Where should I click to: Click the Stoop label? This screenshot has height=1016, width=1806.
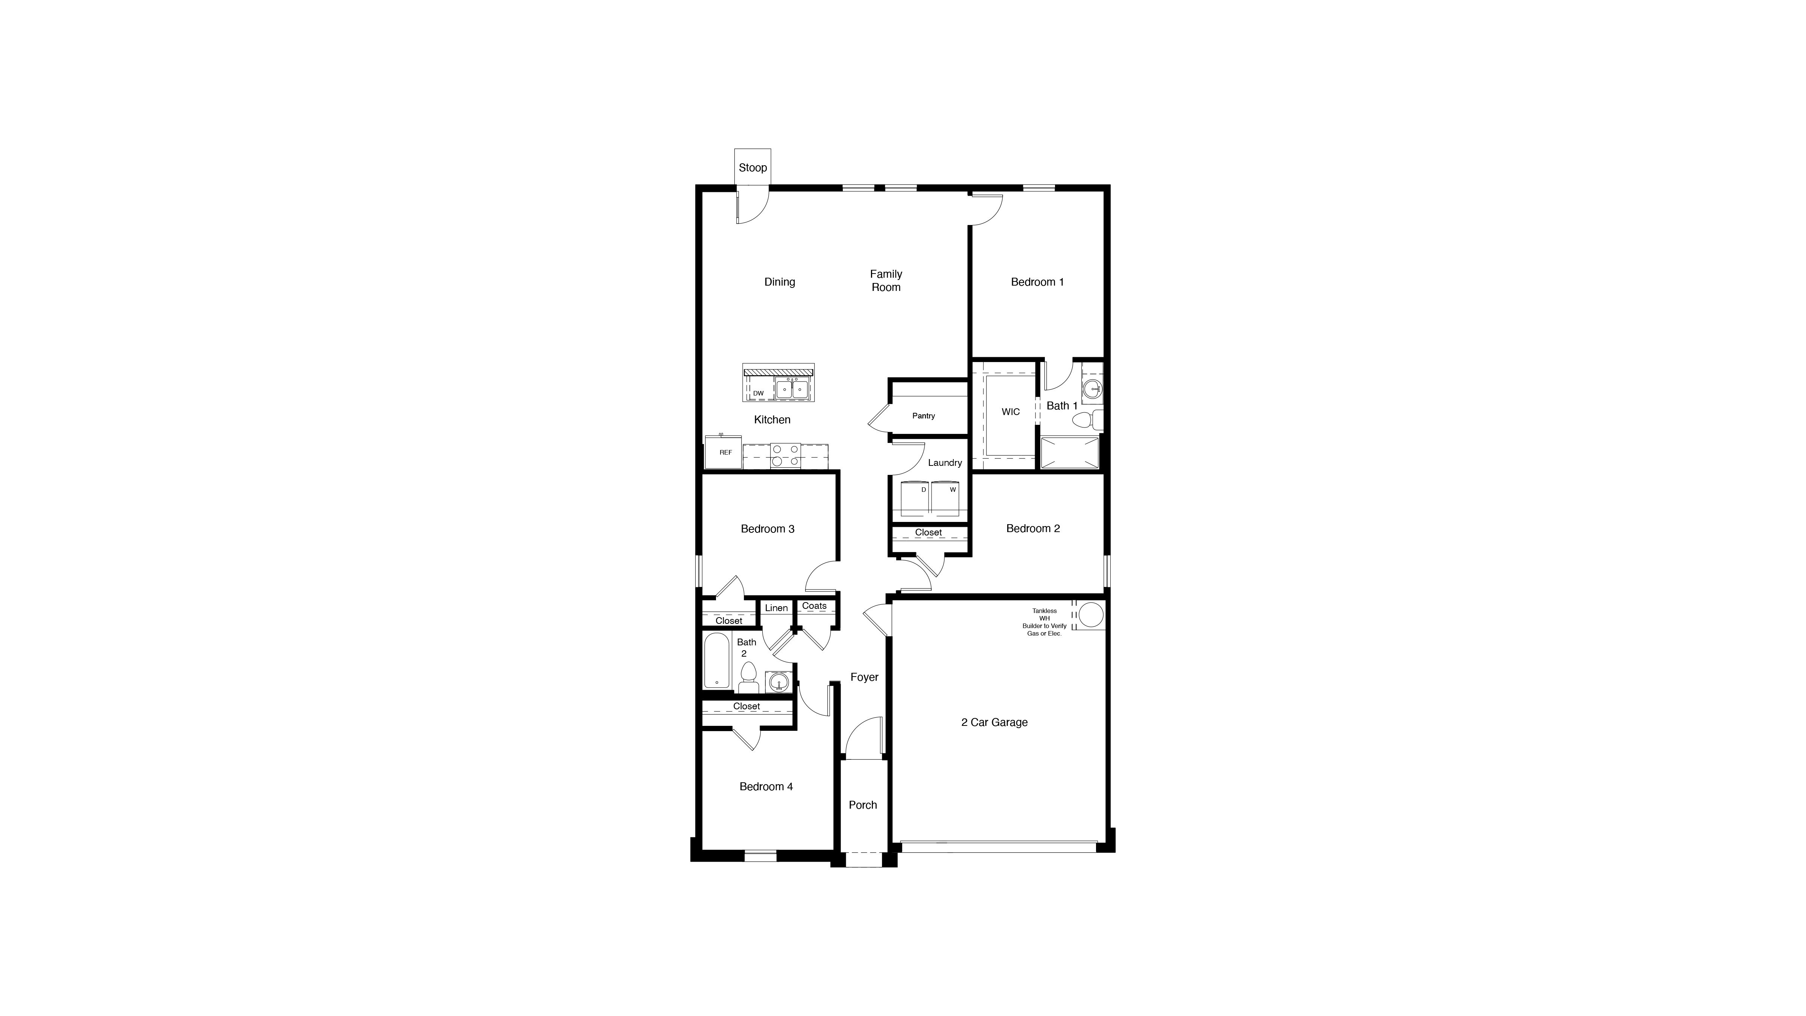click(752, 167)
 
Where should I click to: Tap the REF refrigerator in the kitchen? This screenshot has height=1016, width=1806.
click(724, 452)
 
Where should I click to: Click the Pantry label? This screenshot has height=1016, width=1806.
click(923, 416)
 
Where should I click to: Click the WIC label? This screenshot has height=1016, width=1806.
click(1010, 412)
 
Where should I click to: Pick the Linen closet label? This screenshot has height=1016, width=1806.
click(776, 608)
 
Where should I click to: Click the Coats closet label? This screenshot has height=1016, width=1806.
click(814, 606)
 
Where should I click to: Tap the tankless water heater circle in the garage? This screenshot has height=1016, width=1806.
click(1090, 615)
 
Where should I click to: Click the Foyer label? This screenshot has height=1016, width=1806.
click(864, 677)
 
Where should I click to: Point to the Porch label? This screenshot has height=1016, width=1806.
click(862, 805)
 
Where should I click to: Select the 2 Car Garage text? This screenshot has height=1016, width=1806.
click(994, 722)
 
